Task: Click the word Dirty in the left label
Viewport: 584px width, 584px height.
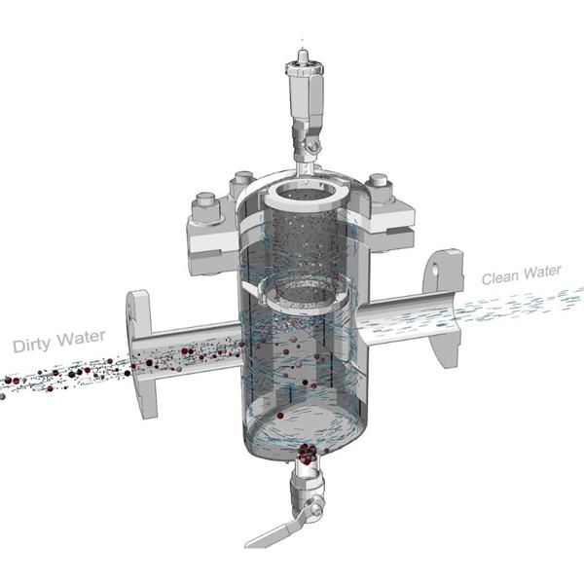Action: [31, 345]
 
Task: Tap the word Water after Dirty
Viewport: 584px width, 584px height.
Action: [81, 338]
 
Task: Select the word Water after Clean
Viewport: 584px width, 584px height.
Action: [542, 272]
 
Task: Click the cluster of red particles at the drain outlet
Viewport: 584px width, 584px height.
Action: [308, 454]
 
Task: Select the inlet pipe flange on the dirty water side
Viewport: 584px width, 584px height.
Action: [141, 354]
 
